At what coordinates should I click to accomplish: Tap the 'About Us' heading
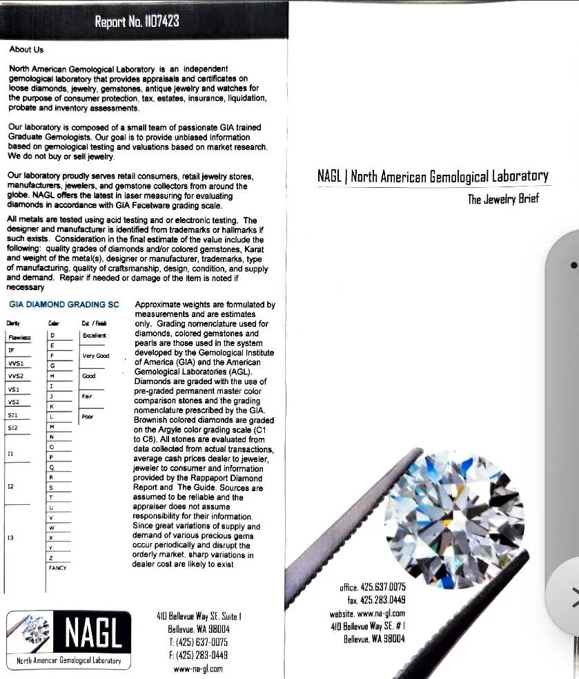pos(26,50)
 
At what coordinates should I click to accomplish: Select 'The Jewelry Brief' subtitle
pos(503,200)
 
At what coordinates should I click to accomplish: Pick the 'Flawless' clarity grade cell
pos(19,337)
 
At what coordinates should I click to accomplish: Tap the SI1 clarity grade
pos(14,414)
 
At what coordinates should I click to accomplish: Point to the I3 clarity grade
pos(11,537)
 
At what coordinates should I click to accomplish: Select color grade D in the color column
pos(52,335)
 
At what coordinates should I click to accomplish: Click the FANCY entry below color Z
pos(57,567)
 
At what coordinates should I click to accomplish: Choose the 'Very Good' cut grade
pos(95,356)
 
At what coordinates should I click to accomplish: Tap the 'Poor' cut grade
pos(87,417)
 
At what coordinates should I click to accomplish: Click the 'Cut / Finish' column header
pos(93,323)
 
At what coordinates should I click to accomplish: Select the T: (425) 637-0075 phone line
pos(198,642)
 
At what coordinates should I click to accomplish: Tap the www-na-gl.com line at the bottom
pos(198,669)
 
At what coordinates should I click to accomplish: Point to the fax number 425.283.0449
pos(376,600)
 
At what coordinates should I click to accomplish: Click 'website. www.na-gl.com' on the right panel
pos(367,613)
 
